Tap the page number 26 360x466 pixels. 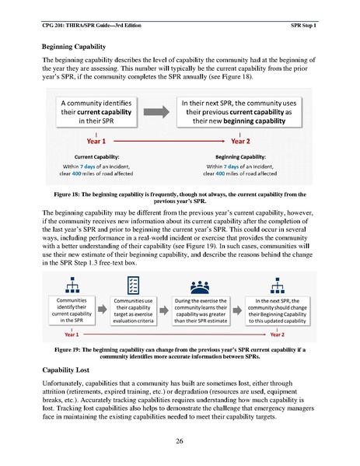[180, 440]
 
